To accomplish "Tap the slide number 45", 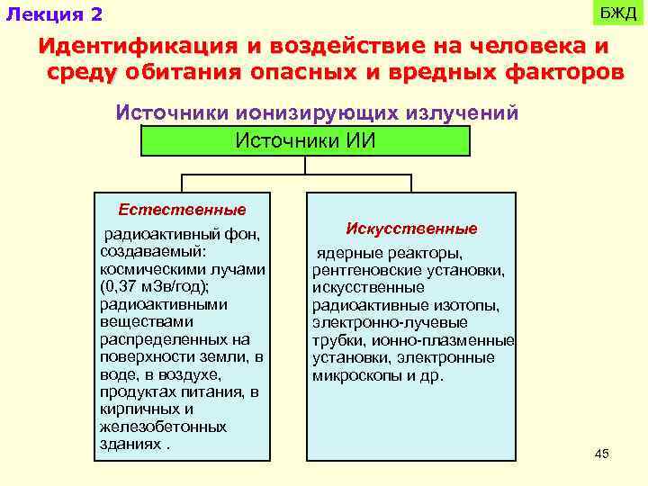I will coord(602,454).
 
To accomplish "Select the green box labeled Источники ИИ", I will coord(305,140).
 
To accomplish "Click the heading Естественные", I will coord(182,210).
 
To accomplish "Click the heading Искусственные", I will coord(411,229).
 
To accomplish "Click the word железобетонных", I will coord(163,427).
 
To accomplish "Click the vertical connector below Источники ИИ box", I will coord(305,165).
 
